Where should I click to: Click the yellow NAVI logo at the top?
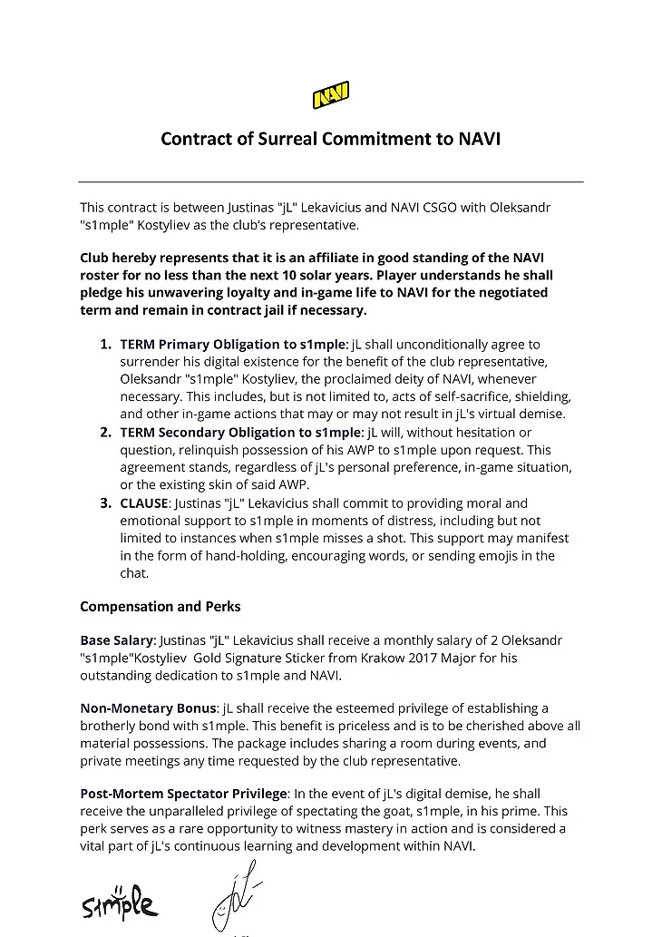(x=331, y=95)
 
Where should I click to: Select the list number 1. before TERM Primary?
(x=106, y=345)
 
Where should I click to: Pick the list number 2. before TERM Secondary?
(x=106, y=433)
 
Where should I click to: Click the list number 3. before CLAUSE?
(x=106, y=503)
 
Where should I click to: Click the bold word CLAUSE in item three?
(x=144, y=503)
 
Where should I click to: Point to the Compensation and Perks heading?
(x=160, y=606)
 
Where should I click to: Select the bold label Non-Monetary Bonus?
(x=148, y=708)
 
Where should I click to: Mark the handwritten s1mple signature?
(x=119, y=903)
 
